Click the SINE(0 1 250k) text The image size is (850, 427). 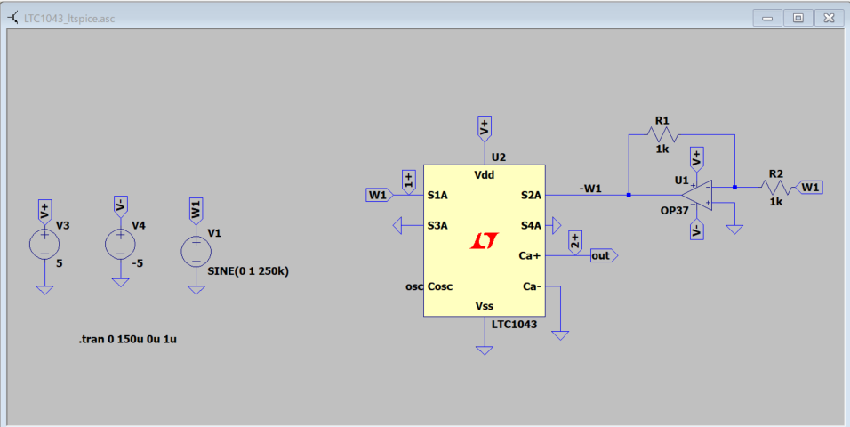point(247,271)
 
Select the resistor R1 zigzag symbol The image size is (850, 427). point(662,134)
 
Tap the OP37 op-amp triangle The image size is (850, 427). point(698,195)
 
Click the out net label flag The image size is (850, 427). point(603,256)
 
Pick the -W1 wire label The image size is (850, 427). point(590,188)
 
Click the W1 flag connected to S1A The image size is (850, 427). point(379,195)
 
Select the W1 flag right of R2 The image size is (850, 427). point(811,188)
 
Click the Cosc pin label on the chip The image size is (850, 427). point(440,286)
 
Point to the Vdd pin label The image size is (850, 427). point(484,175)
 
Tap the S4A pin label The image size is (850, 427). point(531,226)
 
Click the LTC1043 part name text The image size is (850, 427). point(514,325)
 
